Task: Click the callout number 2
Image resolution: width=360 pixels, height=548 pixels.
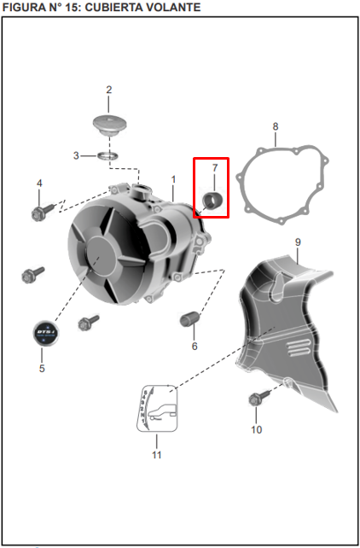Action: click(x=109, y=90)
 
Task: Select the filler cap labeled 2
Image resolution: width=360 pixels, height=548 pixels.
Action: click(x=110, y=125)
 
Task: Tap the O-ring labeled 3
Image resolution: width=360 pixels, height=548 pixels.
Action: click(x=107, y=155)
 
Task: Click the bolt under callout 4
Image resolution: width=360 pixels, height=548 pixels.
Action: click(x=43, y=212)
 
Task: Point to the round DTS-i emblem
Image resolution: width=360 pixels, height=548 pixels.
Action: click(x=46, y=334)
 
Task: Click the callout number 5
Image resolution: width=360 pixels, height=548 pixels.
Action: click(x=42, y=369)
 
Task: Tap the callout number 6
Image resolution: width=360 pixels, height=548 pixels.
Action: click(x=195, y=346)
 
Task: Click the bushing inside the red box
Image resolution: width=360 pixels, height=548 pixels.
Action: click(x=212, y=201)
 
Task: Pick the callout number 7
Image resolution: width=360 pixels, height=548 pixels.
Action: click(x=215, y=168)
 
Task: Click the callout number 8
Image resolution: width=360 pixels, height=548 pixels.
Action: click(x=276, y=126)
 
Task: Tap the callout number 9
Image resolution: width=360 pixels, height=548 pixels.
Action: click(x=298, y=242)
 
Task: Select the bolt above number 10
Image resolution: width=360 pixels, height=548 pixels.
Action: click(x=259, y=398)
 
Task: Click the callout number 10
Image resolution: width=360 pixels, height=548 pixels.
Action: click(x=256, y=429)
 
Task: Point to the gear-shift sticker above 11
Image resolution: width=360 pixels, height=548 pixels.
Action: click(x=157, y=408)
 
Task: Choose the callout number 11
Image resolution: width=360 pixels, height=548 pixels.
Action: click(x=156, y=455)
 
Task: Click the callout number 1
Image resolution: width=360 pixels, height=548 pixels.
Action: click(x=173, y=179)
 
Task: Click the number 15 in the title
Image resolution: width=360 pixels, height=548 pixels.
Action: click(x=76, y=7)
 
